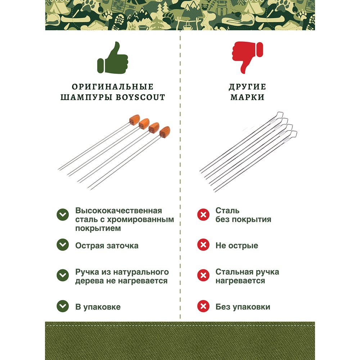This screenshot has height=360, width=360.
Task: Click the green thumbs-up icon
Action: [112, 58]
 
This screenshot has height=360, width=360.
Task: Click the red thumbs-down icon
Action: [248, 57]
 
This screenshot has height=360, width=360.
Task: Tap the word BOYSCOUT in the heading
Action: [140, 97]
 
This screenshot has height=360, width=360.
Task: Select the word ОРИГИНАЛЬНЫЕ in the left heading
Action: [112, 87]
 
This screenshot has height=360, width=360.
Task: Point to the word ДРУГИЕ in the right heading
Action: [248, 87]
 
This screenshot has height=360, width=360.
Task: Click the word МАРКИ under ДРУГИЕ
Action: [248, 97]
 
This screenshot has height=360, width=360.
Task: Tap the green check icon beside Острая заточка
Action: [63, 245]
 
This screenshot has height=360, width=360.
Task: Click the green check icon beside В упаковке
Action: [63, 306]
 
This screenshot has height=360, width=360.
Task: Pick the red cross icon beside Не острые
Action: [203, 245]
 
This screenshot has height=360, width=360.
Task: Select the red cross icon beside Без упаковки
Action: [203, 306]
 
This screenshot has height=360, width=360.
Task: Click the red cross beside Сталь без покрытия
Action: [203, 215]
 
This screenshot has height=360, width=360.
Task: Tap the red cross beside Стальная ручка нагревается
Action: [203, 275]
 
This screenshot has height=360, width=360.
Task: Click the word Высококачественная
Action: [119, 211]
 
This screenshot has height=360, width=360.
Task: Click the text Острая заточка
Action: [107, 246]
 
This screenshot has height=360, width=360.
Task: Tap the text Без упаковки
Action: [243, 307]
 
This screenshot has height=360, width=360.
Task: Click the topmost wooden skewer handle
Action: [134, 120]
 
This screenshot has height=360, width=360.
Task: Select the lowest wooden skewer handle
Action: [165, 132]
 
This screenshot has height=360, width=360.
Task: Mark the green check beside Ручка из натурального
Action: [63, 275]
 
